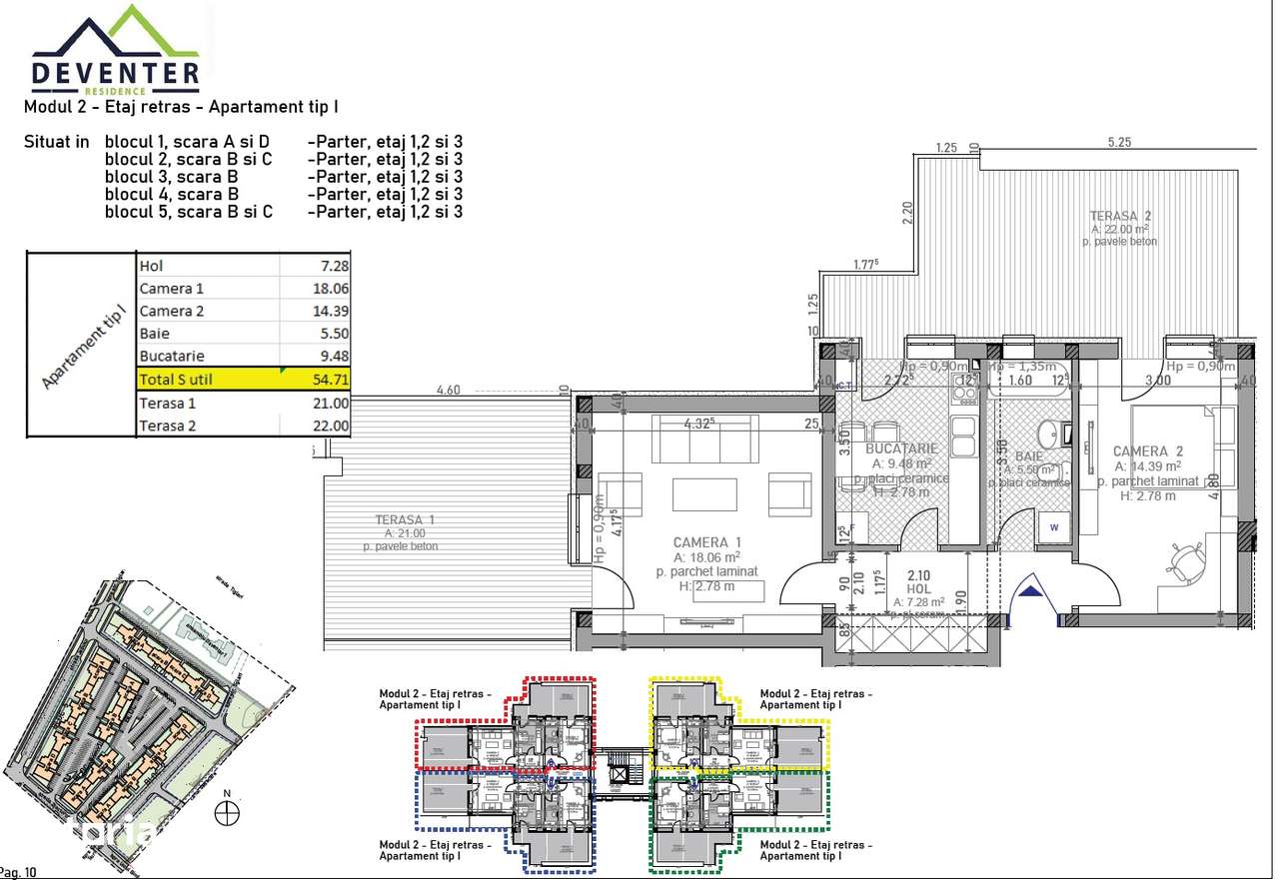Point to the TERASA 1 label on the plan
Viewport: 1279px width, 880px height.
(x=405, y=520)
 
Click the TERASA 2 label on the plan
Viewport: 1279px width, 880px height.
(x=1120, y=216)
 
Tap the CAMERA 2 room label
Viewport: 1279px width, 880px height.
(x=1147, y=451)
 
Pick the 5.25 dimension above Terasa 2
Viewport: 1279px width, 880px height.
(x=1118, y=143)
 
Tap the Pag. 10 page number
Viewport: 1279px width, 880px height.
(x=18, y=872)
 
